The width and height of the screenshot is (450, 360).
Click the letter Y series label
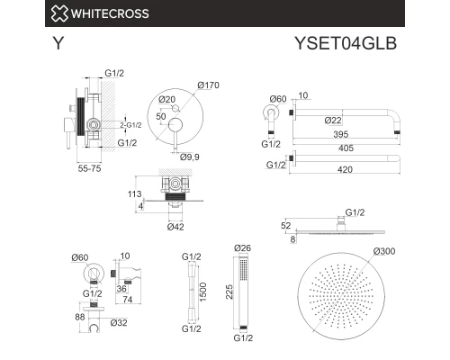[x=58, y=42]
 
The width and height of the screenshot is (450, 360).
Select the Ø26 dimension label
[x=243, y=248]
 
